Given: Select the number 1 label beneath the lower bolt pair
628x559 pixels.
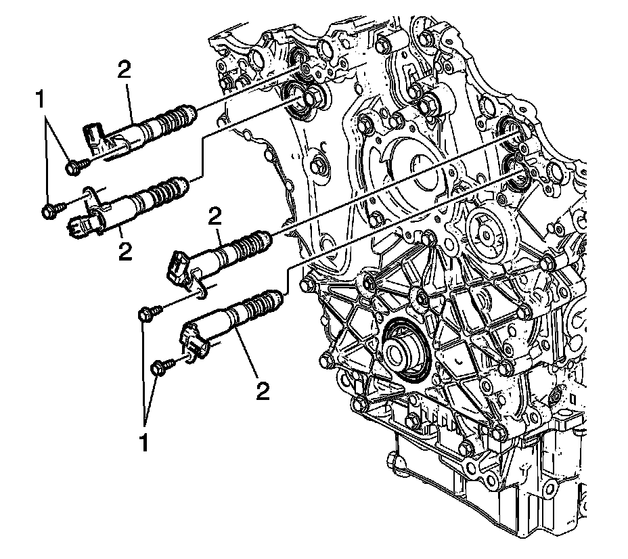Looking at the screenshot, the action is tap(144, 443).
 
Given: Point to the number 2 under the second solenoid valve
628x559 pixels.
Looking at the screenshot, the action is tap(125, 252).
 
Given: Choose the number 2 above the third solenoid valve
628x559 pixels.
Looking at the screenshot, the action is tap(215, 218).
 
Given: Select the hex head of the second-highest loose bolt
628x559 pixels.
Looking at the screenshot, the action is tap(49, 211).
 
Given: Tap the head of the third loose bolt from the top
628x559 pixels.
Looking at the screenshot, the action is tap(145, 313).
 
